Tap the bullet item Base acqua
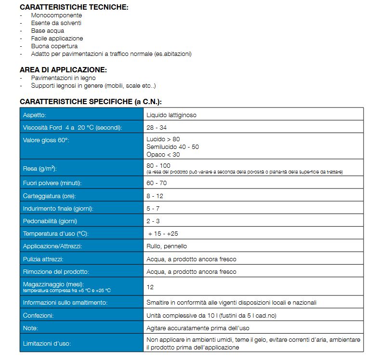click(47, 31)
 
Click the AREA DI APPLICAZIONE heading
click(63, 70)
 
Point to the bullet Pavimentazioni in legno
click(63, 78)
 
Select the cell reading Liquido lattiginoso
click(171, 115)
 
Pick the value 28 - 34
click(157, 128)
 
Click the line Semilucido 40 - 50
click(172, 147)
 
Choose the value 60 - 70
click(157, 184)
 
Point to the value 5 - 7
click(154, 209)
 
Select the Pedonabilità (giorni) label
click(50, 221)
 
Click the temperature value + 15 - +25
click(163, 234)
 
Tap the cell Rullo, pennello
click(167, 246)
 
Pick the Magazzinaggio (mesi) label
click(51, 284)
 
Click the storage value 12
click(150, 287)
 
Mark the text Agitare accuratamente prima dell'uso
click(198, 328)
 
